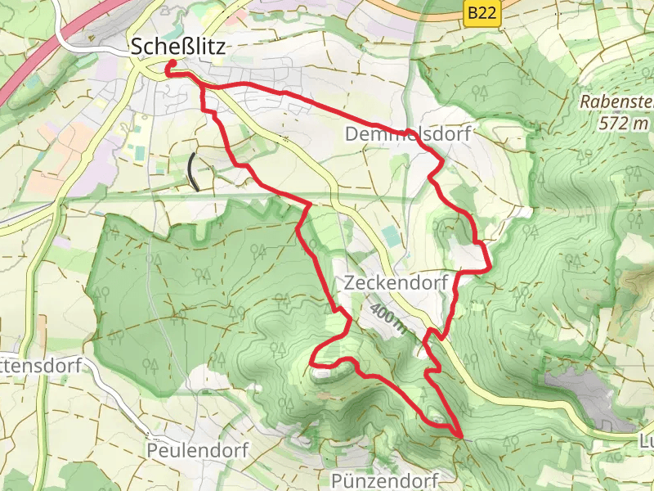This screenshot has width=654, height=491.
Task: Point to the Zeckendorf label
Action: click(397, 283)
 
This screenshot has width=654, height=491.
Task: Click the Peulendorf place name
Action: click(196, 450)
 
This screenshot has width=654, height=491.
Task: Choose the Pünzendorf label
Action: click(386, 479)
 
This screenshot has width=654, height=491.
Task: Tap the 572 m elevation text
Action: click(623, 123)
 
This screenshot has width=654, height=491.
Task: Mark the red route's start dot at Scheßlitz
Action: click(172, 66)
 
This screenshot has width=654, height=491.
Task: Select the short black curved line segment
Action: click(192, 171)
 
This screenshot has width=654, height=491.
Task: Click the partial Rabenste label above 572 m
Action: click(617, 103)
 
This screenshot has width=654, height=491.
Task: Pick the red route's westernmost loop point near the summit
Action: click(312, 358)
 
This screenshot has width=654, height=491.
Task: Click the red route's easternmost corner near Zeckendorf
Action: click(489, 267)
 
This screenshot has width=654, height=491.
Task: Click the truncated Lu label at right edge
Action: click(645, 442)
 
